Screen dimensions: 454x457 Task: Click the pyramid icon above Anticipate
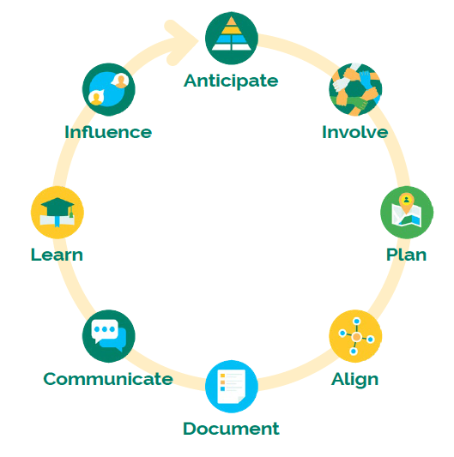pos(232,38)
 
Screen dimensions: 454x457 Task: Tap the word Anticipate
pos(231,81)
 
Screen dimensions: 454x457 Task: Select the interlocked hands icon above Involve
pos(355,89)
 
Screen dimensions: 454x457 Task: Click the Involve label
pos(354,132)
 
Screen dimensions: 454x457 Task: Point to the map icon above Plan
pos(407,212)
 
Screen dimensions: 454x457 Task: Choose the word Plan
pos(406,255)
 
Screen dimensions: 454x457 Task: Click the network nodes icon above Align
pos(355,336)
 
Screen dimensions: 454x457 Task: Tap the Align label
pos(354,380)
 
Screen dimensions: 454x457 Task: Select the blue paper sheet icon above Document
pos(232,387)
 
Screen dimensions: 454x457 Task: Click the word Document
pos(231,429)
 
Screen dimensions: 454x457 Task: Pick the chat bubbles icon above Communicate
pos(108,336)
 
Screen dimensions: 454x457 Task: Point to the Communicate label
pos(108,379)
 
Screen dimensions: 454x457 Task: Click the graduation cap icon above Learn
pos(58,212)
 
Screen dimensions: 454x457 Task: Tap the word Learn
pos(57,255)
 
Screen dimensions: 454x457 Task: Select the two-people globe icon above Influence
pos(108,89)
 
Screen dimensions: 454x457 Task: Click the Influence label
pos(108,132)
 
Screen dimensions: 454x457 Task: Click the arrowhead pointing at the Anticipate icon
pos(181,42)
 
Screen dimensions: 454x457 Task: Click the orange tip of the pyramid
pos(232,21)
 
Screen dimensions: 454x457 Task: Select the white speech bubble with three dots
pos(105,331)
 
